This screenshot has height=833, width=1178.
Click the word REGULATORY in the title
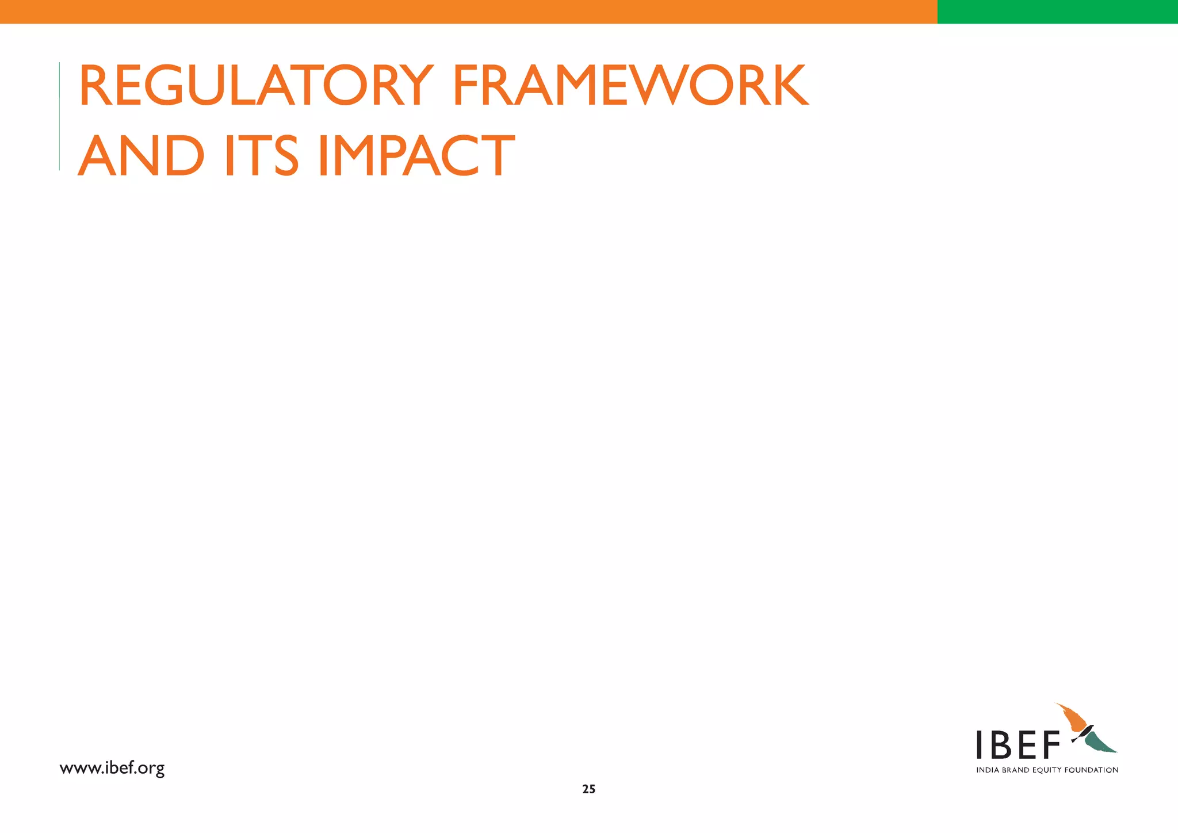(x=256, y=86)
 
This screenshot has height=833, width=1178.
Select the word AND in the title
(x=141, y=156)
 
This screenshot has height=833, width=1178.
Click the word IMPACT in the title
(x=416, y=156)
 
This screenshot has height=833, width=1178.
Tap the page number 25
(x=588, y=789)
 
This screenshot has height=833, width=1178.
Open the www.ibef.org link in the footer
(x=112, y=768)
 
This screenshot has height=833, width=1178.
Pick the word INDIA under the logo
(x=988, y=770)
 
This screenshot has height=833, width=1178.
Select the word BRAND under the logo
(x=1015, y=770)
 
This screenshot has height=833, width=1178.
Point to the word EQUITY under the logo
(x=1047, y=770)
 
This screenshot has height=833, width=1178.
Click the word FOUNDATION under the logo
(x=1091, y=770)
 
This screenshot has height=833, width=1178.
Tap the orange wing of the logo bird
(x=1072, y=719)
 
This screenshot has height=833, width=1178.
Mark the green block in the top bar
(x=1057, y=12)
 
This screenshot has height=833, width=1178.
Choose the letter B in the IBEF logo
(x=1001, y=746)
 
